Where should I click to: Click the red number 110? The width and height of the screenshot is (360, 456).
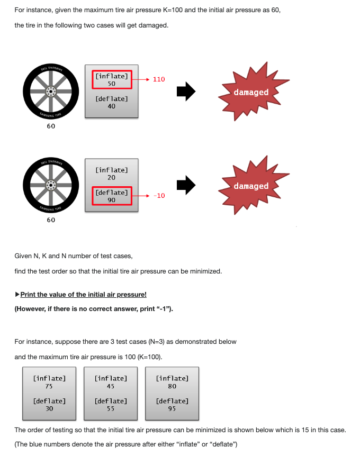click(159, 79)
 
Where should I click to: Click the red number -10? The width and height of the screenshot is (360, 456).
click(159, 196)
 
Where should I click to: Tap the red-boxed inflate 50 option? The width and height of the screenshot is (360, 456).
click(111, 80)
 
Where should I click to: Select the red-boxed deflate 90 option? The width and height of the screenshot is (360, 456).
click(111, 196)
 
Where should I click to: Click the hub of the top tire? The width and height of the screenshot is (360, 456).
click(51, 92)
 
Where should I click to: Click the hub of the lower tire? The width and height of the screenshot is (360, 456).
click(51, 185)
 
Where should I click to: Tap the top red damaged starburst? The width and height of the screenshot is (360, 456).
click(251, 92)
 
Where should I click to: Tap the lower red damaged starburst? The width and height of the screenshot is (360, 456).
click(251, 186)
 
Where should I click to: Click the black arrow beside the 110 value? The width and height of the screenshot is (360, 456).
click(186, 92)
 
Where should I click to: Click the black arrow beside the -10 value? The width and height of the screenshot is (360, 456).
click(186, 186)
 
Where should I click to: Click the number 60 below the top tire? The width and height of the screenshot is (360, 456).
click(51, 126)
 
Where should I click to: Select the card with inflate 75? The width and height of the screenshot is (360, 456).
click(49, 393)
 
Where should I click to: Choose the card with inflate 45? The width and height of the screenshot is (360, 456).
click(111, 393)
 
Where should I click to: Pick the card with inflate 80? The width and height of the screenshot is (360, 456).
click(172, 393)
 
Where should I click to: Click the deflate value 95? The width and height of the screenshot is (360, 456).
click(172, 408)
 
